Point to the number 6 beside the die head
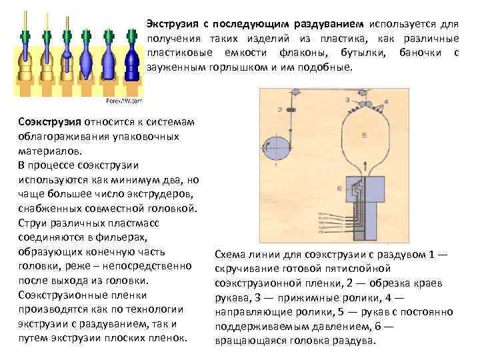pyautogui.click(x=339, y=189)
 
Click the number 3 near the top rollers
pyautogui.click(x=347, y=99)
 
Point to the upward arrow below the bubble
pyautogui.click(x=362, y=172)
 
